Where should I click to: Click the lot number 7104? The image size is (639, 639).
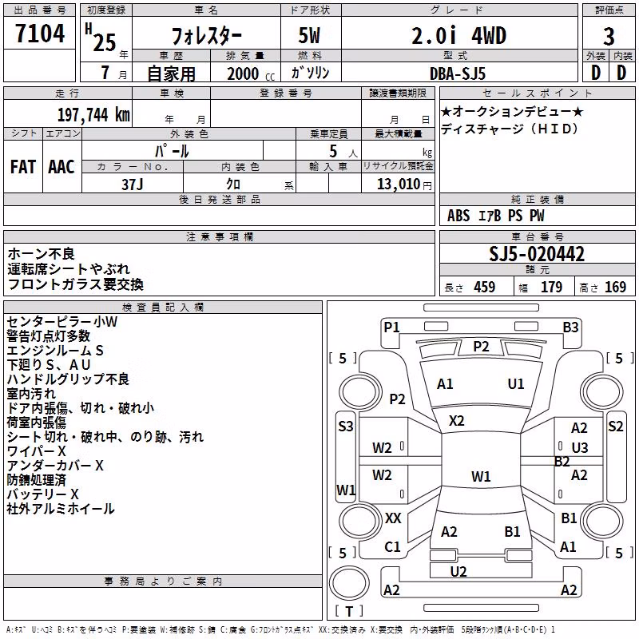(40, 34)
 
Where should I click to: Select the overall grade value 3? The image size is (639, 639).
(609, 37)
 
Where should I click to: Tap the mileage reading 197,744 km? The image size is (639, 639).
(93, 115)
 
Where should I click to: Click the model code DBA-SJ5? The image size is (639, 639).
(458, 73)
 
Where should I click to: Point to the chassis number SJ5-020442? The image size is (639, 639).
(537, 254)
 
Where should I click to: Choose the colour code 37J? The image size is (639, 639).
(133, 185)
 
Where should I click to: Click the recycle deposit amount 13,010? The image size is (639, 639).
(399, 185)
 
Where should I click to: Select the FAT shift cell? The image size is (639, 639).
(23, 167)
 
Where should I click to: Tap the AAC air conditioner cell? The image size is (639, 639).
(62, 167)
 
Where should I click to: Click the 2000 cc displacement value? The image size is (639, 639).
(251, 73)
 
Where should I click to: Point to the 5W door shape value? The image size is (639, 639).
(310, 35)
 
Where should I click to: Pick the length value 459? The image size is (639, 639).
(485, 288)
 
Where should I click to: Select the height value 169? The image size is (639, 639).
(615, 288)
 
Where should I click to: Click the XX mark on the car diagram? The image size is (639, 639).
(393, 518)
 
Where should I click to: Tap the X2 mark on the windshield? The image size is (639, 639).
(456, 421)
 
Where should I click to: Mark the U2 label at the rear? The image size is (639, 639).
(458, 572)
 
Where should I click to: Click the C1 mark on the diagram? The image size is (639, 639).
(392, 547)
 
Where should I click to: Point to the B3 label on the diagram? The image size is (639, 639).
(570, 327)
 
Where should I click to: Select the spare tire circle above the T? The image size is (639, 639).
(349, 584)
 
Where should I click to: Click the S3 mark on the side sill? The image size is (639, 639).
(346, 427)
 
